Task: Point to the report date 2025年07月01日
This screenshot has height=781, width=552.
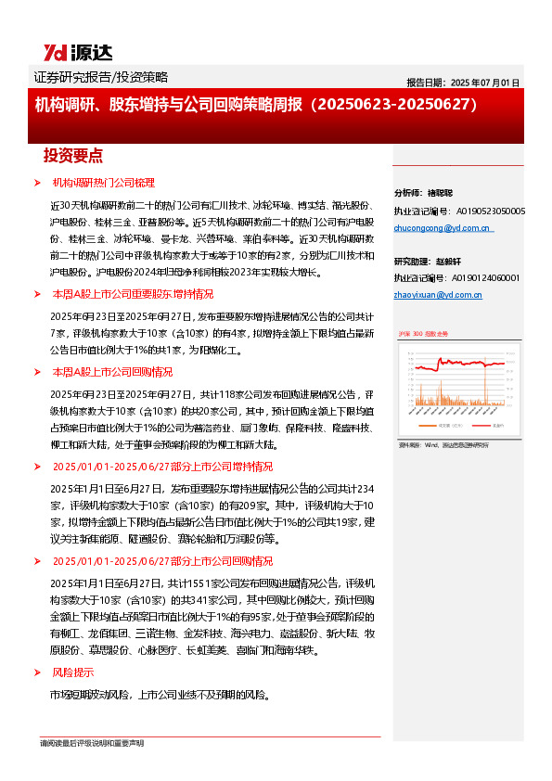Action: [x=463, y=83]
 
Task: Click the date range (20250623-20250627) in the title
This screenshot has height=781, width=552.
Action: [x=400, y=105]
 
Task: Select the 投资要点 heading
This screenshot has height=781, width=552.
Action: [x=73, y=155]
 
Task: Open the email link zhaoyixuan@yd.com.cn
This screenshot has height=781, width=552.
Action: [x=438, y=294]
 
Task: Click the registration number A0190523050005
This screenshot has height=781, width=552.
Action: [x=489, y=211]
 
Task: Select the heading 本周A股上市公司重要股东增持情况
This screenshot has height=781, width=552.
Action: [x=133, y=293]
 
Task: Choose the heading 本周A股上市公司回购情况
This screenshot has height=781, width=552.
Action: [x=112, y=371]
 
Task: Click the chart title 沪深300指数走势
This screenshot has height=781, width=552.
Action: [x=423, y=332]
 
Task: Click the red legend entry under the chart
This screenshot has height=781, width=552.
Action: [x=423, y=426]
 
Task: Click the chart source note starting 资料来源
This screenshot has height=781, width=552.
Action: [x=443, y=445]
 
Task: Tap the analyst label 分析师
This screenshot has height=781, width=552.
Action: [x=409, y=194]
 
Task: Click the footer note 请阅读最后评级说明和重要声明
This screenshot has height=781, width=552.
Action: [x=92, y=743]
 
